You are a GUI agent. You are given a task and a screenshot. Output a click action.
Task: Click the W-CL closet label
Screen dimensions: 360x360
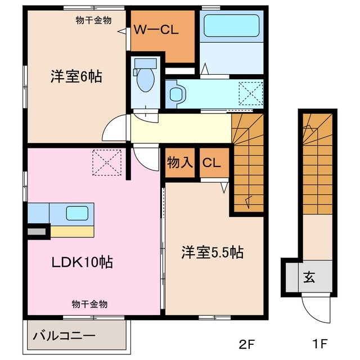point(155,31)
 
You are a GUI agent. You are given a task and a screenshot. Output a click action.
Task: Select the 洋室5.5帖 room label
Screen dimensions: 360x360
point(212,253)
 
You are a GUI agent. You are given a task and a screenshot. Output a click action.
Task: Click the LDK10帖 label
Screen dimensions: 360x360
point(83,262)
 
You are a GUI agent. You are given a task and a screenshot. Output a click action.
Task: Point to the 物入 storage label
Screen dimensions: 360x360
point(180,163)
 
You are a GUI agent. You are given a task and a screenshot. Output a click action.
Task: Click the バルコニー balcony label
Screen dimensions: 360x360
point(64,336)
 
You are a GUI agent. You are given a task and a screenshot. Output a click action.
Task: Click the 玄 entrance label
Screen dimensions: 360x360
point(309,277)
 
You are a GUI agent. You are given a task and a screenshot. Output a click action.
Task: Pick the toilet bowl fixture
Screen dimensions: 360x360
point(145,80)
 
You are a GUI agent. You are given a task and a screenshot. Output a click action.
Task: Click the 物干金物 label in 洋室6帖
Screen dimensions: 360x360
point(93,20)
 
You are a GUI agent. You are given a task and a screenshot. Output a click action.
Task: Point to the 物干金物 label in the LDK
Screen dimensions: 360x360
point(89,304)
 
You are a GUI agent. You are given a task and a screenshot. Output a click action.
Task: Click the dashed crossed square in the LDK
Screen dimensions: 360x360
point(107,161)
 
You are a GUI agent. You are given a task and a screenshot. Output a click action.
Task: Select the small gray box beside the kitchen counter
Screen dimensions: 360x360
point(38,231)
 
